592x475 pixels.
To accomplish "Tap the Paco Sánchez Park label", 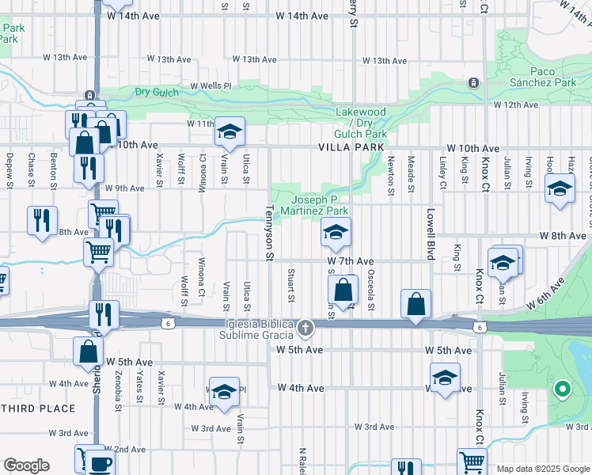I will coord(552,77).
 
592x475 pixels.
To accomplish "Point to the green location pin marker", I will coord(563,388).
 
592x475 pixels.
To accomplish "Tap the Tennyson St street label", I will coord(269,232).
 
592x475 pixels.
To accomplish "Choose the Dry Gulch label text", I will coord(157,93).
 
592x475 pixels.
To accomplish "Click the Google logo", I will coord(26,465).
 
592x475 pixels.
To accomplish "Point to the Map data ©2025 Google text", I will coord(542,469).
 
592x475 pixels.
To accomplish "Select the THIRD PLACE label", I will coord(37,408).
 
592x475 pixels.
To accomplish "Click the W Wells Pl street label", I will coord(210,85).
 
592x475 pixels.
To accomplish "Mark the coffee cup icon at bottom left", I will coord(100,464).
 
